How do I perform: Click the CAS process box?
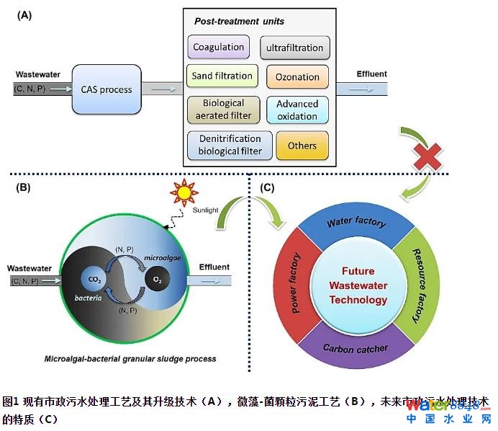(x=106, y=89)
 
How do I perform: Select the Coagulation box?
(x=218, y=48)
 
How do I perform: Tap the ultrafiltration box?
(x=294, y=48)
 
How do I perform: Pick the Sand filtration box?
(x=222, y=76)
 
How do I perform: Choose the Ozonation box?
(x=297, y=77)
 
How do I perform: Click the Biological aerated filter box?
(x=222, y=109)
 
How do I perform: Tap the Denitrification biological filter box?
(x=230, y=145)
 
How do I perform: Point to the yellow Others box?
(x=302, y=146)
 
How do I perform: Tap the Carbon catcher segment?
(x=355, y=349)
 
